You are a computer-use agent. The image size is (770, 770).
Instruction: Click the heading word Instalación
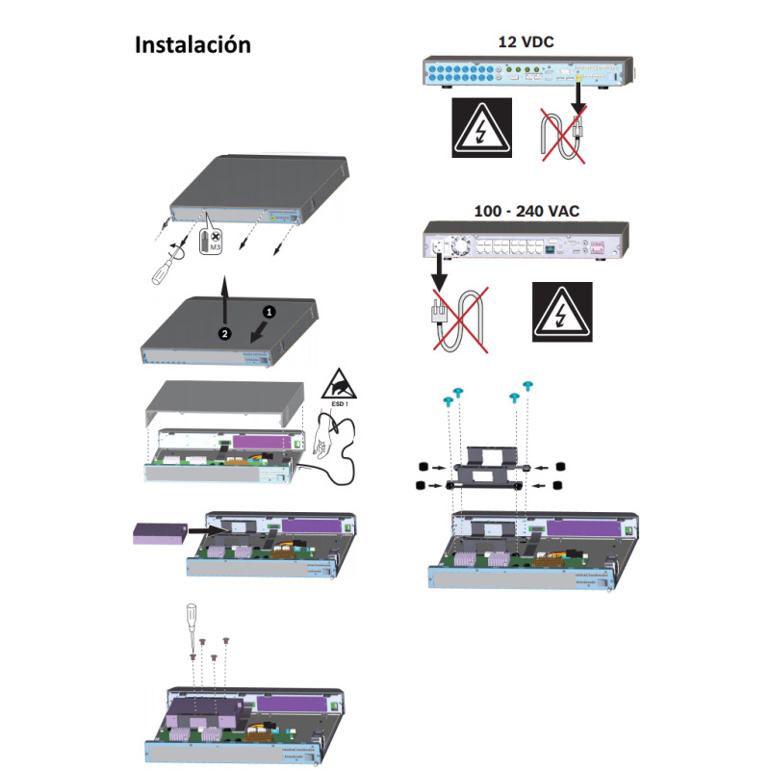point(192,45)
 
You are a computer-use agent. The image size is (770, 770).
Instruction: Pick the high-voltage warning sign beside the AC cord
point(562,312)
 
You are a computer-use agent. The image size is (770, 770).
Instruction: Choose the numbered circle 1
point(270,313)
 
